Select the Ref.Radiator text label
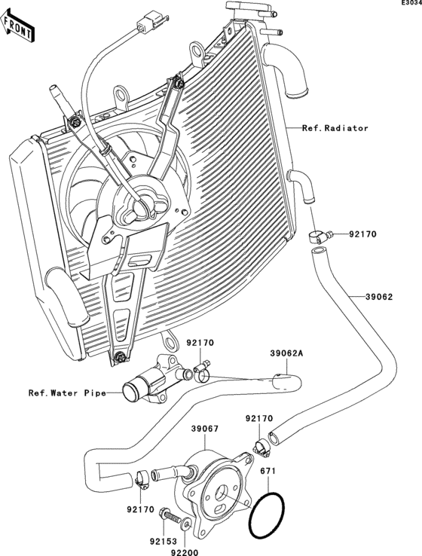(335, 129)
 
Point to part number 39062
(380, 297)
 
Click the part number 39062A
(286, 353)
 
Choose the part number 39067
(204, 429)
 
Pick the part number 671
(268, 471)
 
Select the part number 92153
(162, 541)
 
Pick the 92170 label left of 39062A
(200, 344)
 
